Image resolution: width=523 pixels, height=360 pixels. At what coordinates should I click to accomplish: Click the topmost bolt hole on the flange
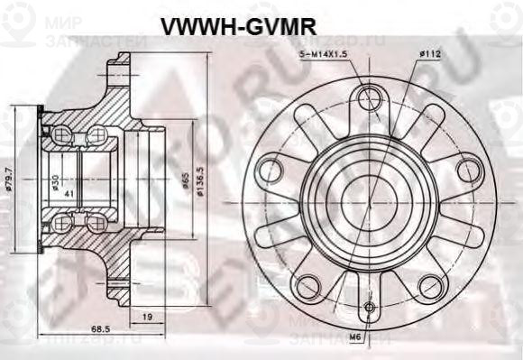click(367, 97)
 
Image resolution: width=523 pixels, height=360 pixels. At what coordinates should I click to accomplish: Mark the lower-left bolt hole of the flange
click(307, 282)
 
